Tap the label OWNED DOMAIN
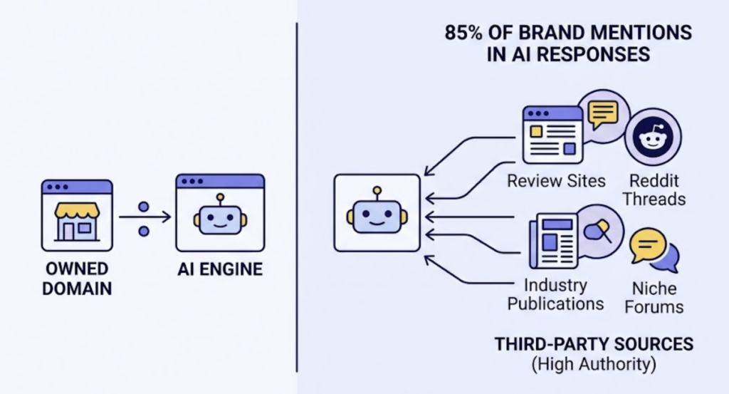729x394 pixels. pyautogui.click(x=76, y=279)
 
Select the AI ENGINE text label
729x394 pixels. pyautogui.click(x=219, y=270)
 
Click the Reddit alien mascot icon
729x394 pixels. pyautogui.click(x=652, y=138)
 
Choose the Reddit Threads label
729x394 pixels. pyautogui.click(x=654, y=190)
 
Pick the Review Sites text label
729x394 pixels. pyautogui.click(x=556, y=181)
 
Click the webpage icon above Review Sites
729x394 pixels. pyautogui.click(x=552, y=135)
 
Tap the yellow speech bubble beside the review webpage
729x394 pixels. pyautogui.click(x=603, y=113)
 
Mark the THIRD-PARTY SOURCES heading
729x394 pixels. pyautogui.click(x=594, y=345)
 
